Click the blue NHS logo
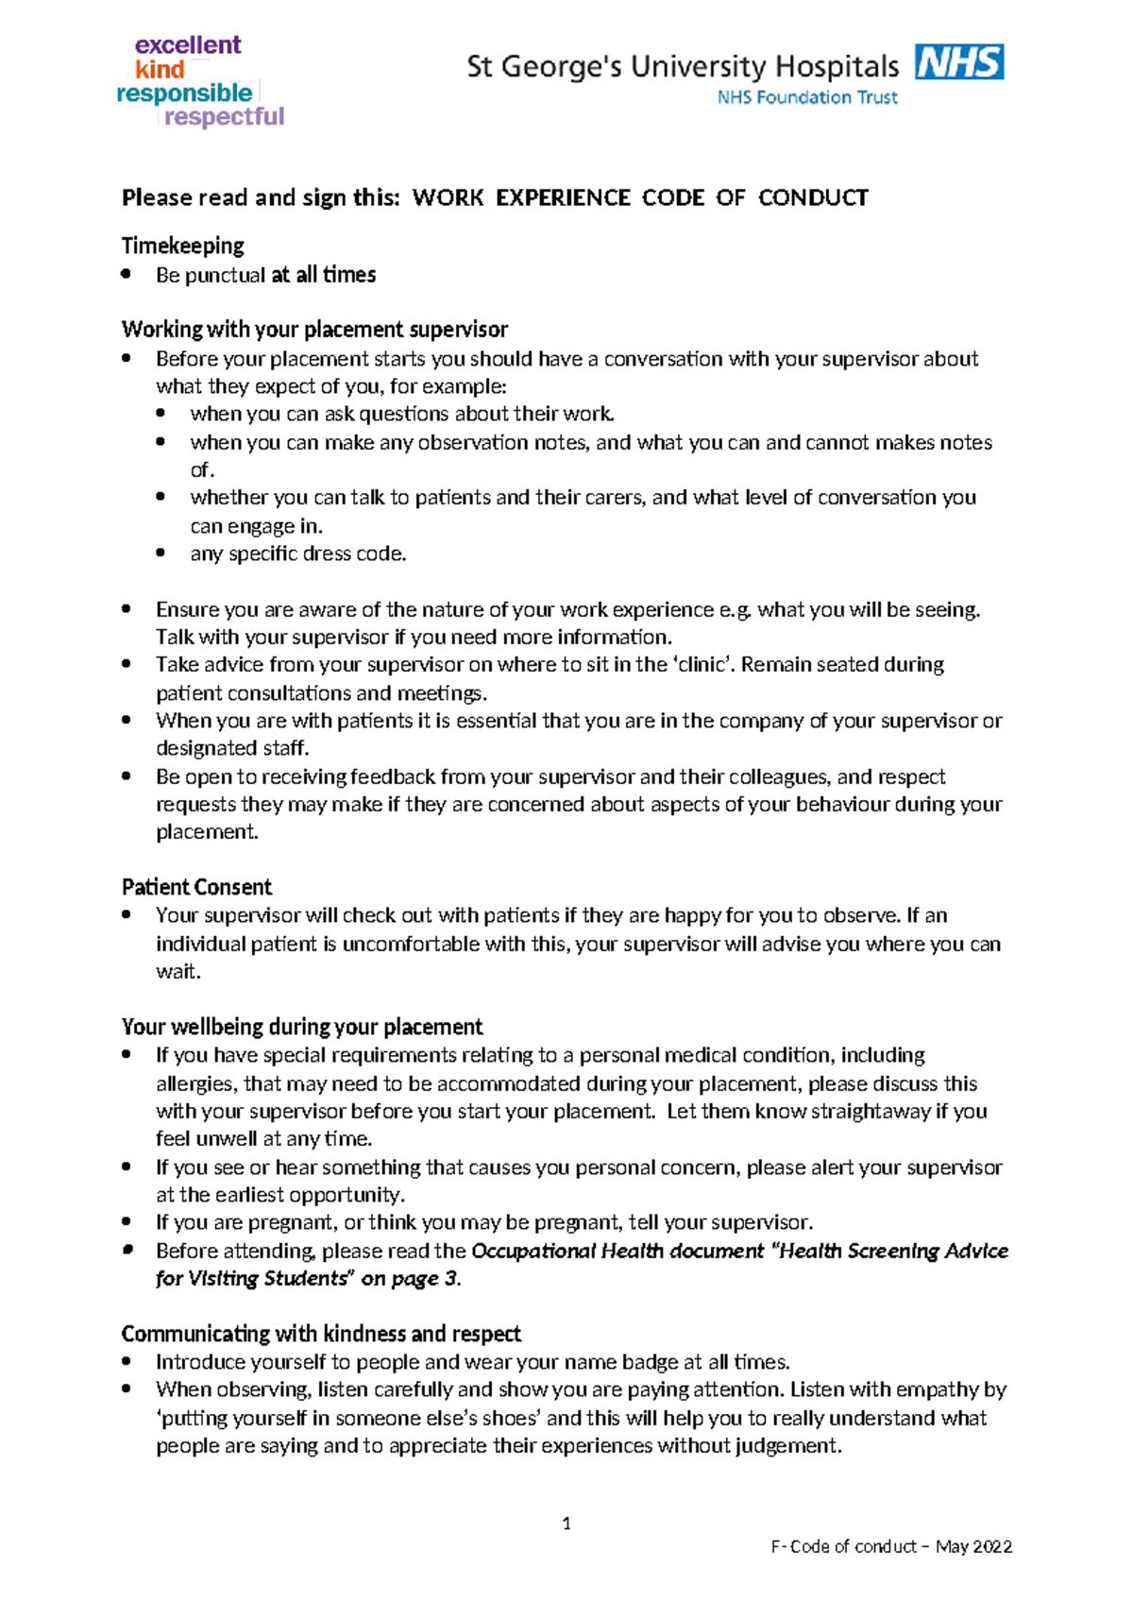pyautogui.click(x=959, y=62)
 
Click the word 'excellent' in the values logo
pyautogui.click(x=188, y=44)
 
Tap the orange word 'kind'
pyautogui.click(x=160, y=69)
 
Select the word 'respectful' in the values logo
pyautogui.click(x=224, y=116)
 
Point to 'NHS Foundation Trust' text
pyautogui.click(x=807, y=97)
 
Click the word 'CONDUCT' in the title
pyautogui.click(x=813, y=197)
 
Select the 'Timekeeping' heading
pyautogui.click(x=182, y=246)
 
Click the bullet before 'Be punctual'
pyautogui.click(x=127, y=274)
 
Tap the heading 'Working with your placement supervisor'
pyautogui.click(x=314, y=329)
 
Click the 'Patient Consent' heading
pyautogui.click(x=196, y=887)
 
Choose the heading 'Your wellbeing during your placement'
pyautogui.click(x=302, y=1027)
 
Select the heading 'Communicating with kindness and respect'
pyautogui.click(x=321, y=1334)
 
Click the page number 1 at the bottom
pyautogui.click(x=566, y=1523)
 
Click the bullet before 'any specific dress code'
pyautogui.click(x=161, y=553)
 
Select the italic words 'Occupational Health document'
pyautogui.click(x=617, y=1251)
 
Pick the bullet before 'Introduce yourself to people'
pyautogui.click(x=127, y=1361)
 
